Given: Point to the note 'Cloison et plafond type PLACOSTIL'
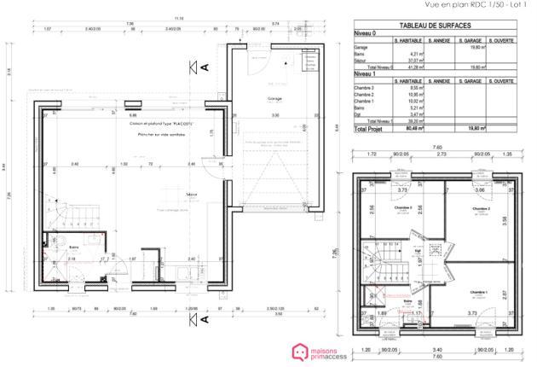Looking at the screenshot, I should point(162,123).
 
